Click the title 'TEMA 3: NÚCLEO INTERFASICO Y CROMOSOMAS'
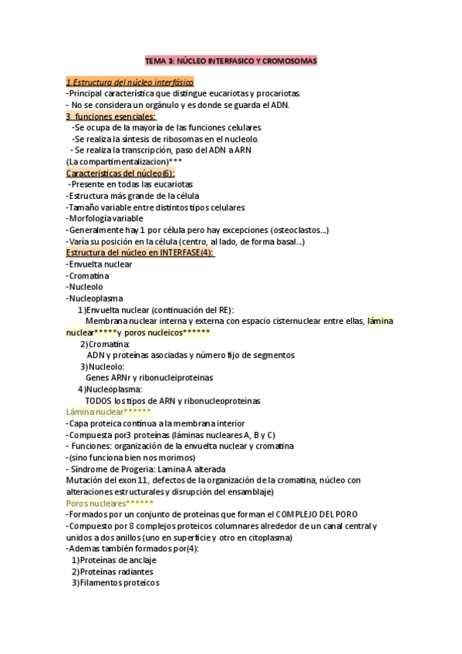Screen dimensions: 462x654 [x=231, y=60]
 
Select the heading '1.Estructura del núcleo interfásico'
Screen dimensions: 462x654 [x=130, y=82]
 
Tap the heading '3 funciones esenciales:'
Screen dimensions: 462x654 [x=110, y=116]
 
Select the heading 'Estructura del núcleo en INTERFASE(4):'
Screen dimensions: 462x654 [x=140, y=253]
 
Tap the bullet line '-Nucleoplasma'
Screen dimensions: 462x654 [x=95, y=298]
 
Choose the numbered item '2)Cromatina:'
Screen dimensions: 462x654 [x=105, y=344]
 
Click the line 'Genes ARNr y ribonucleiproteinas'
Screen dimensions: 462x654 [x=149, y=378]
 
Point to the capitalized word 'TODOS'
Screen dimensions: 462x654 [x=98, y=401]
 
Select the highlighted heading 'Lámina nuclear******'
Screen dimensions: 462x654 [x=108, y=413]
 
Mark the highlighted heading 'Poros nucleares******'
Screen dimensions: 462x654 [x=110, y=503]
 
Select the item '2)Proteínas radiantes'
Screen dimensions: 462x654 [x=112, y=571]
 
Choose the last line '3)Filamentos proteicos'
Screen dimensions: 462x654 [x=115, y=583]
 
